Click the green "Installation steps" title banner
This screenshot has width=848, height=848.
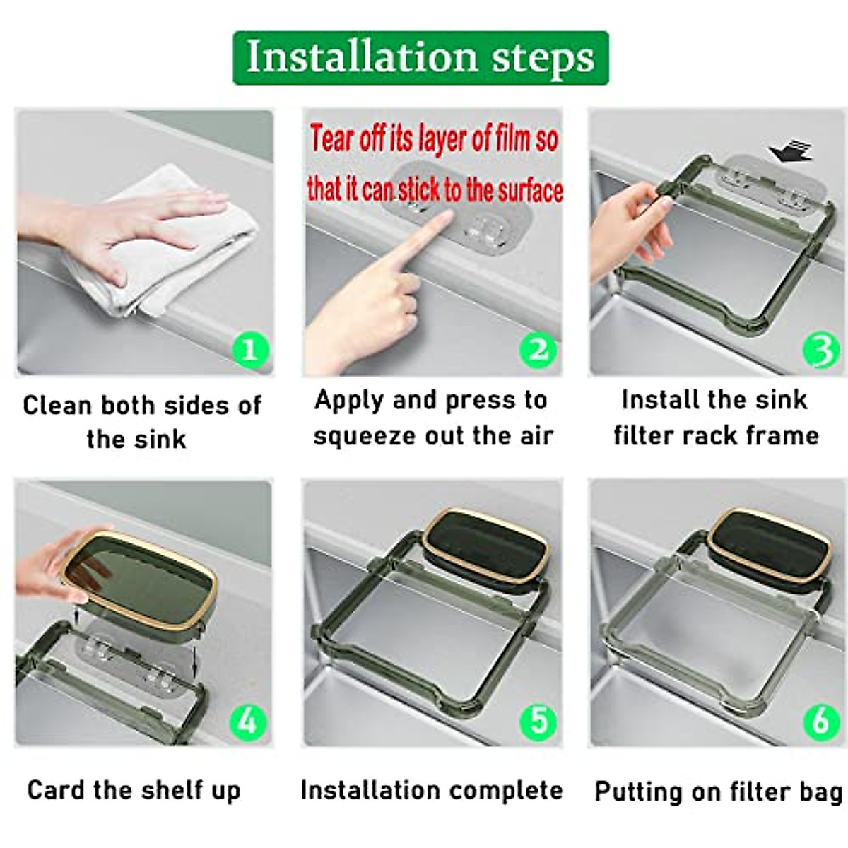click(420, 58)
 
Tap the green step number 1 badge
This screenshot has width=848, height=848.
click(250, 351)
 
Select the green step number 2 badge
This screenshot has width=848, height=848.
click(538, 351)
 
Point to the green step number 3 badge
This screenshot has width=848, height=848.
click(821, 351)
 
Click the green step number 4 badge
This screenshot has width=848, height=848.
click(249, 722)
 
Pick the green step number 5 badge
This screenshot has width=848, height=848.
click(538, 722)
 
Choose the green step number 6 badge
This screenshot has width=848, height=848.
click(821, 722)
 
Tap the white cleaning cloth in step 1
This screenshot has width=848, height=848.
click(167, 247)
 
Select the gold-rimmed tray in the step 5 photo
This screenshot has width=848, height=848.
click(485, 547)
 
